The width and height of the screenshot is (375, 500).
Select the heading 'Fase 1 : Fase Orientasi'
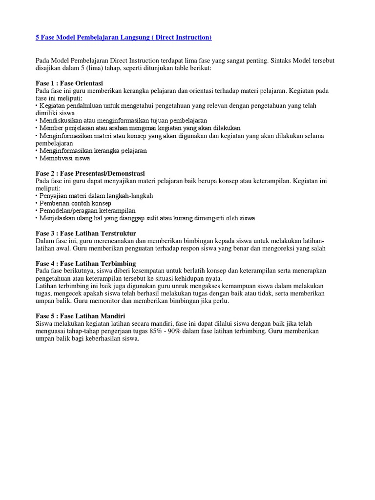69,83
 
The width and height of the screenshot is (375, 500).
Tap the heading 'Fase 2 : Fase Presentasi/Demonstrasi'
90,173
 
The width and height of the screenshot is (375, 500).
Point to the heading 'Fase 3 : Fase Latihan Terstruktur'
86,233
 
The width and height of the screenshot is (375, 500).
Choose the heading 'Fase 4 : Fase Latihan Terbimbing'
86,264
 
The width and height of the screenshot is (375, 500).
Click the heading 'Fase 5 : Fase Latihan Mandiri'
81,316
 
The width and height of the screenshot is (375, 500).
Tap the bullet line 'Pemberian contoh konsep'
75,203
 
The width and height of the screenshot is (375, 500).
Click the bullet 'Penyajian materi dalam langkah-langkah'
96,196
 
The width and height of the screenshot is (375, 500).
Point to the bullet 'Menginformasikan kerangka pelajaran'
93,151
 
